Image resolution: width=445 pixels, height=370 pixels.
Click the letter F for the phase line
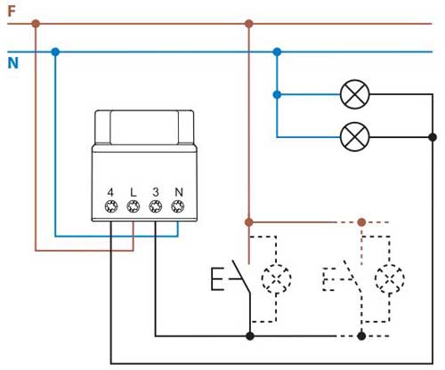[x=12, y=12]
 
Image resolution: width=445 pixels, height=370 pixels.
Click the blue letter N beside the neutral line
[x=13, y=63]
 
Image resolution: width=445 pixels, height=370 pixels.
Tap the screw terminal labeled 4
[x=111, y=206]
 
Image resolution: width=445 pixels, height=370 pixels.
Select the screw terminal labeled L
[x=133, y=206]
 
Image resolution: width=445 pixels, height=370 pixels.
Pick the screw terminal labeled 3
[x=156, y=206]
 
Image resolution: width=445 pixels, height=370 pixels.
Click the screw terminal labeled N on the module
[x=178, y=206]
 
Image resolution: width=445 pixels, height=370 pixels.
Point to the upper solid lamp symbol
[x=355, y=94]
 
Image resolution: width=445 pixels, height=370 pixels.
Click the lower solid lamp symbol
[x=355, y=137]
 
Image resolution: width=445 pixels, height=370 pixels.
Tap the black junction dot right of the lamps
[x=433, y=137]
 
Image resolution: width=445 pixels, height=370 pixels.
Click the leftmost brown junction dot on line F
[x=36, y=23]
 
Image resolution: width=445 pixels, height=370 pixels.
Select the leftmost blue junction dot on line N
[x=55, y=52]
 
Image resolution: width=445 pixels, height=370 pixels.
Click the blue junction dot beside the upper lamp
[x=277, y=95]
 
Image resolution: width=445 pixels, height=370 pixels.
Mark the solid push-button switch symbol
[x=231, y=277]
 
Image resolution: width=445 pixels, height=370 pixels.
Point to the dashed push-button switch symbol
[x=343, y=277]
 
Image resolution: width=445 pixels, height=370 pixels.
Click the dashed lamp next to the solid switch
[x=276, y=278]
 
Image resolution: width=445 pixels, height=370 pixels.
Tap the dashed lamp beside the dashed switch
[x=390, y=278]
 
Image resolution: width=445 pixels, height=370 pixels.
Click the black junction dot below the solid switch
[x=250, y=336]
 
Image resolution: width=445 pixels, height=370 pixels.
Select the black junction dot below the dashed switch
[x=361, y=336]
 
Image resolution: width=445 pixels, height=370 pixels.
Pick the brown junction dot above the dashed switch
[x=361, y=222]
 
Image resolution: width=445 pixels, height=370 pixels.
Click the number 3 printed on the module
[x=156, y=192]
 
